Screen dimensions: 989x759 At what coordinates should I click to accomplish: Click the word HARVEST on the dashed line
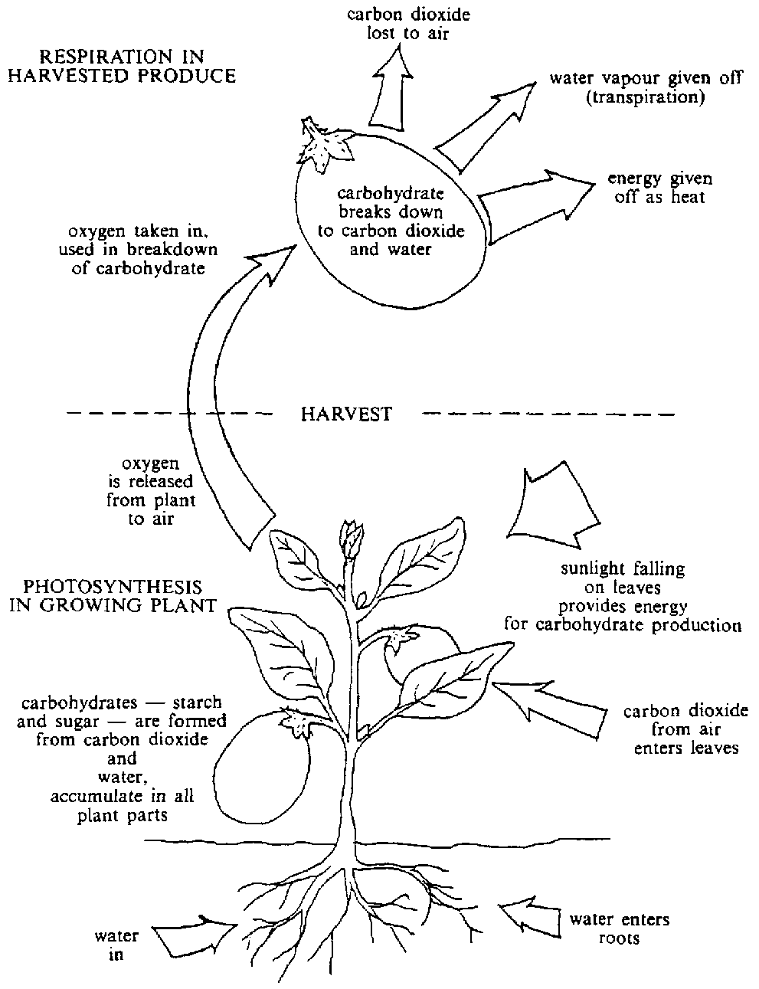tap(346, 414)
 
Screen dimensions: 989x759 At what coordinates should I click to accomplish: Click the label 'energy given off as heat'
tap(659, 188)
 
